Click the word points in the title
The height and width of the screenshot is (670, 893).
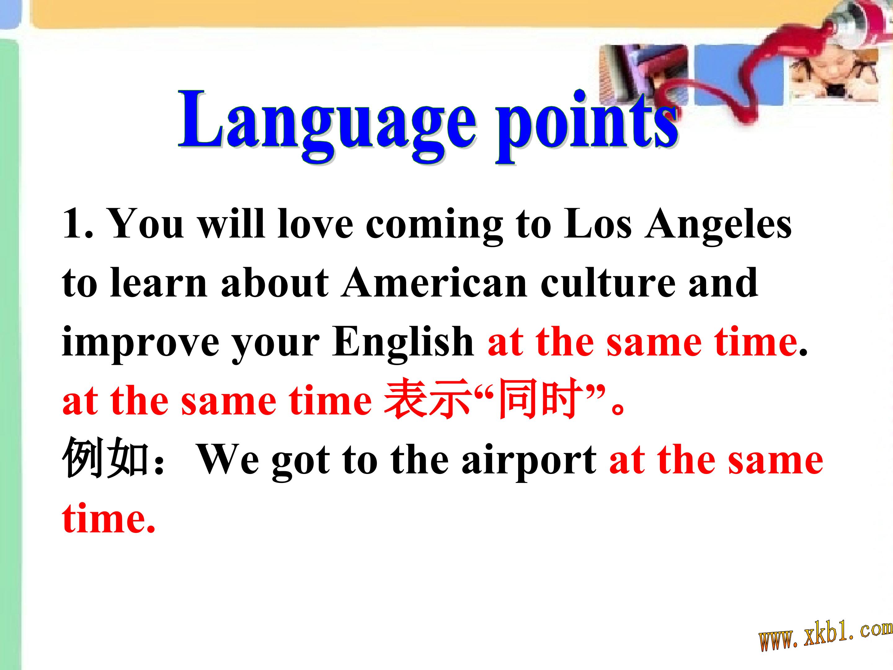pos(587,125)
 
